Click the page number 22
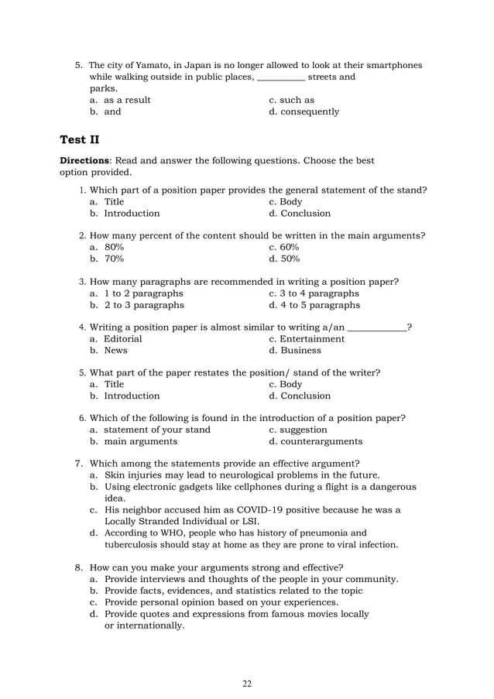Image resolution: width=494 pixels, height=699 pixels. click(247, 683)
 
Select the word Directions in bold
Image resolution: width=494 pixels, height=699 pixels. click(84, 161)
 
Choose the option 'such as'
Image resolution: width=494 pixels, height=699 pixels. click(297, 100)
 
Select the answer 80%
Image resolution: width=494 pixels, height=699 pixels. click(114, 246)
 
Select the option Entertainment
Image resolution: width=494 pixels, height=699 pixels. click(312, 338)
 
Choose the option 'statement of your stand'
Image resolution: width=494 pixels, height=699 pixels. click(156, 430)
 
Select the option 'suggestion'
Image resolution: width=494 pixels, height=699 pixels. click(304, 430)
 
